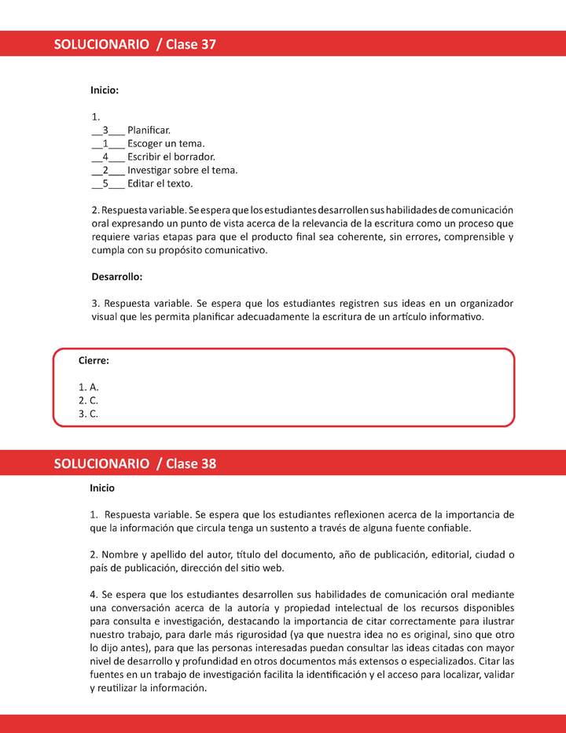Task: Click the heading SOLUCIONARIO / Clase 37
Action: [134, 44]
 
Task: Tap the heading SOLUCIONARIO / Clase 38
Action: [134, 463]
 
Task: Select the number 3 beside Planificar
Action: [105, 130]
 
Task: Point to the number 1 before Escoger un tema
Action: [105, 143]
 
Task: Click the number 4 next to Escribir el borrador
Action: [105, 157]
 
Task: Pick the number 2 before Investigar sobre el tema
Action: [105, 170]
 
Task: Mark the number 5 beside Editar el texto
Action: [105, 183]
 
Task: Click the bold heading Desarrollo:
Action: [117, 277]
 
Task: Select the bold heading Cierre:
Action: [94, 360]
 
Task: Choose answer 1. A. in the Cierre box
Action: [89, 387]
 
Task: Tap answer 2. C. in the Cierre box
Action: [89, 400]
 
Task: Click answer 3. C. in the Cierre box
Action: [89, 414]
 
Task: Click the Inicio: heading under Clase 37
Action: [105, 90]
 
